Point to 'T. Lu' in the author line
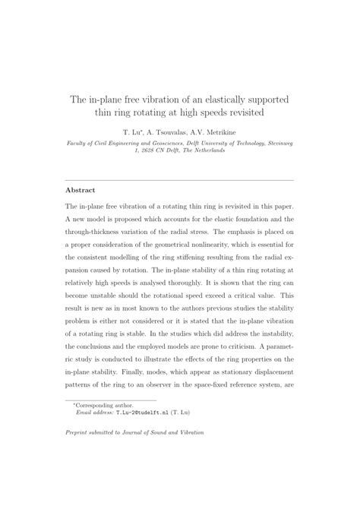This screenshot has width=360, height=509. pos(144,130)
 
